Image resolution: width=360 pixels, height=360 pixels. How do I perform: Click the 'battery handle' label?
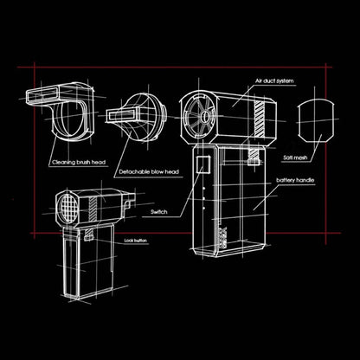294,180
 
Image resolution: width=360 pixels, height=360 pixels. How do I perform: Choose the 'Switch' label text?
158,210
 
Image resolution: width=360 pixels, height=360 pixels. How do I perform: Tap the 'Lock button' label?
136,239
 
